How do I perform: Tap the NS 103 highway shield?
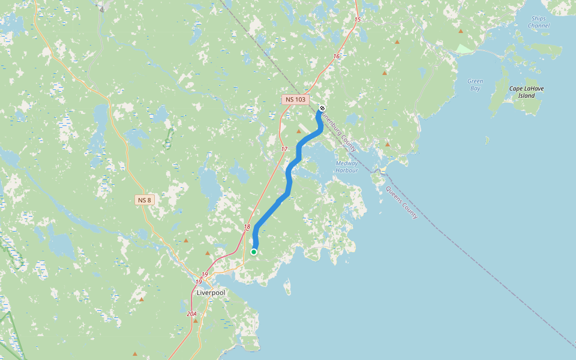click(295, 99)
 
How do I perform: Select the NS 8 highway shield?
click(145, 200)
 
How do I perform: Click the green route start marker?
click(254, 252)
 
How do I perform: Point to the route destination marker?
click(322, 108)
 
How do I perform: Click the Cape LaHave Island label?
click(526, 92)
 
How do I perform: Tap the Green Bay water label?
click(475, 85)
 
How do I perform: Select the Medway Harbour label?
click(347, 167)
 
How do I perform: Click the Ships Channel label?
click(538, 22)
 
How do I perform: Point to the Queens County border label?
click(401, 202)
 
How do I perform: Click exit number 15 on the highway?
click(358, 20)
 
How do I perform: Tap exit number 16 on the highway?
click(337, 56)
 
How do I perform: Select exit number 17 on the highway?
click(284, 148)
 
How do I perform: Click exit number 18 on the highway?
click(247, 227)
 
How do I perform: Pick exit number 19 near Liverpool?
click(205, 274)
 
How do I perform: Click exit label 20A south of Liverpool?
click(191, 314)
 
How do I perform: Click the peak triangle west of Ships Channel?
click(461, 31)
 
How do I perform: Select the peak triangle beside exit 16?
click(385, 73)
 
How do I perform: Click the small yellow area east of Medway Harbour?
click(383, 170)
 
